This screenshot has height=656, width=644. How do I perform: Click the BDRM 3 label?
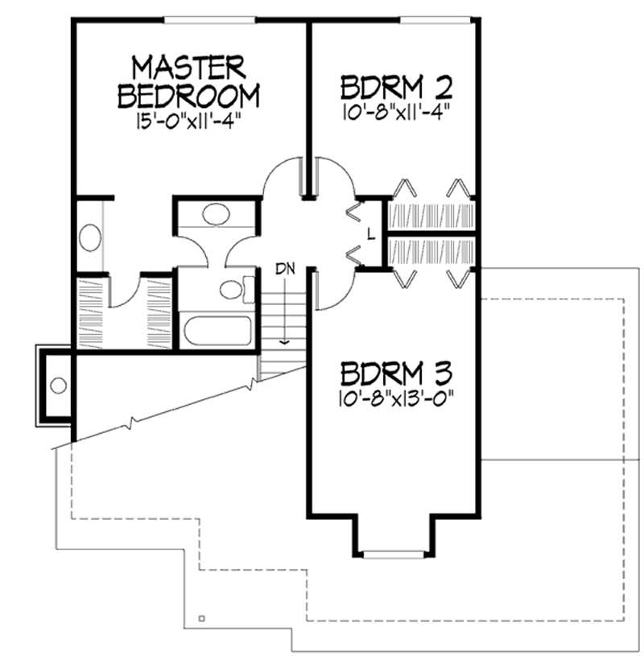[396, 374]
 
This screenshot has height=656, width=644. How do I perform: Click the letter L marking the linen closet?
[369, 235]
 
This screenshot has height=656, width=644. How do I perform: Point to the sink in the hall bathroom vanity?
[215, 214]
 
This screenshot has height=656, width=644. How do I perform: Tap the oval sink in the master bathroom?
[90, 239]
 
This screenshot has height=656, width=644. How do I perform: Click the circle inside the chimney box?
[58, 386]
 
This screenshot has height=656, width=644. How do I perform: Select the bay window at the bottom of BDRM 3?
[394, 553]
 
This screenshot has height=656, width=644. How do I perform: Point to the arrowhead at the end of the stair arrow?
[283, 340]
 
